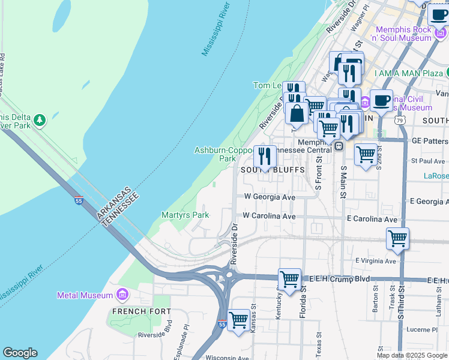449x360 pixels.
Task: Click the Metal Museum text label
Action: coord(85,295)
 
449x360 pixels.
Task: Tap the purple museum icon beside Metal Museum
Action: coord(122,295)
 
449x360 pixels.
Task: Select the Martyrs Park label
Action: coord(185,215)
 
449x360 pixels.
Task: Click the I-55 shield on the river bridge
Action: coord(79,201)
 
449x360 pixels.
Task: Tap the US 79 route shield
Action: coord(399,120)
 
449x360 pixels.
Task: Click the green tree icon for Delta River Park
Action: coord(40,120)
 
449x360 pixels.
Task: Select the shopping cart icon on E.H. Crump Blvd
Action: coord(289,279)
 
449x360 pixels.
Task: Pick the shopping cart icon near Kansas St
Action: coord(238,320)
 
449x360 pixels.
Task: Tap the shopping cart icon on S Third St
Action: coord(397,238)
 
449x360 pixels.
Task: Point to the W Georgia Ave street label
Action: coord(270,197)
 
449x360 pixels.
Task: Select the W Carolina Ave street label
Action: coord(269,216)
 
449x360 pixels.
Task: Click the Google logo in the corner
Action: coord(20,353)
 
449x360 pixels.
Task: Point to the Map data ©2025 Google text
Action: coord(412,355)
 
